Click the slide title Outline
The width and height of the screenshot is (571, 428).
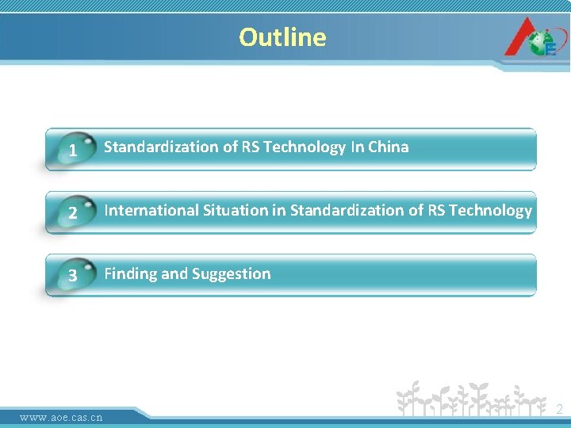(x=282, y=37)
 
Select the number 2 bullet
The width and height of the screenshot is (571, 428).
(x=73, y=213)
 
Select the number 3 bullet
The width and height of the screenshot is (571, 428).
(x=73, y=277)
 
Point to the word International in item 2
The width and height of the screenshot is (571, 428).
(x=150, y=210)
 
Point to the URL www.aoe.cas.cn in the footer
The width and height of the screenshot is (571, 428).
(x=61, y=417)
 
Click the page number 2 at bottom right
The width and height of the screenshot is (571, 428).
(x=559, y=410)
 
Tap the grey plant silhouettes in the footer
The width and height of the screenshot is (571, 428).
(x=472, y=400)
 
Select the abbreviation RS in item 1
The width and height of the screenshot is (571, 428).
(x=249, y=147)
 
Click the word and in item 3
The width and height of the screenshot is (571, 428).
(x=174, y=274)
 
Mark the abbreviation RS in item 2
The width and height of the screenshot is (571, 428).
(x=435, y=210)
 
